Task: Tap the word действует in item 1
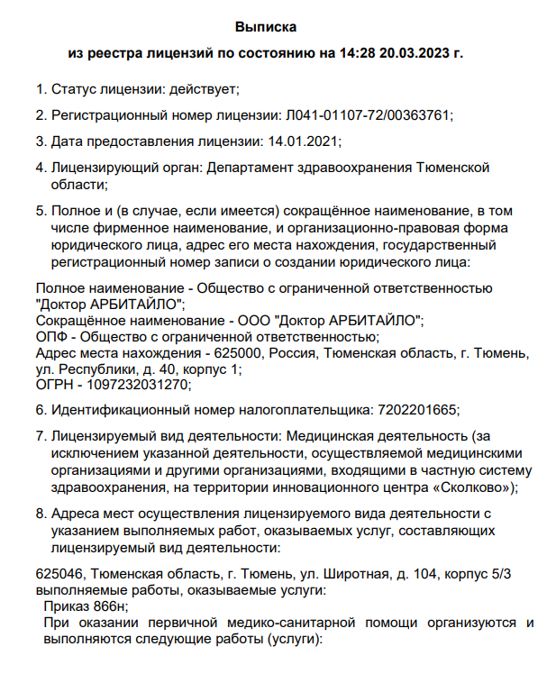tap(206, 89)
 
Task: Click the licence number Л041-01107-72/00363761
tap(369, 115)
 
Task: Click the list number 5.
tap(40, 210)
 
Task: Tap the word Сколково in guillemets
tap(469, 487)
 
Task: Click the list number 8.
tap(40, 514)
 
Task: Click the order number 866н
tap(110, 606)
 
